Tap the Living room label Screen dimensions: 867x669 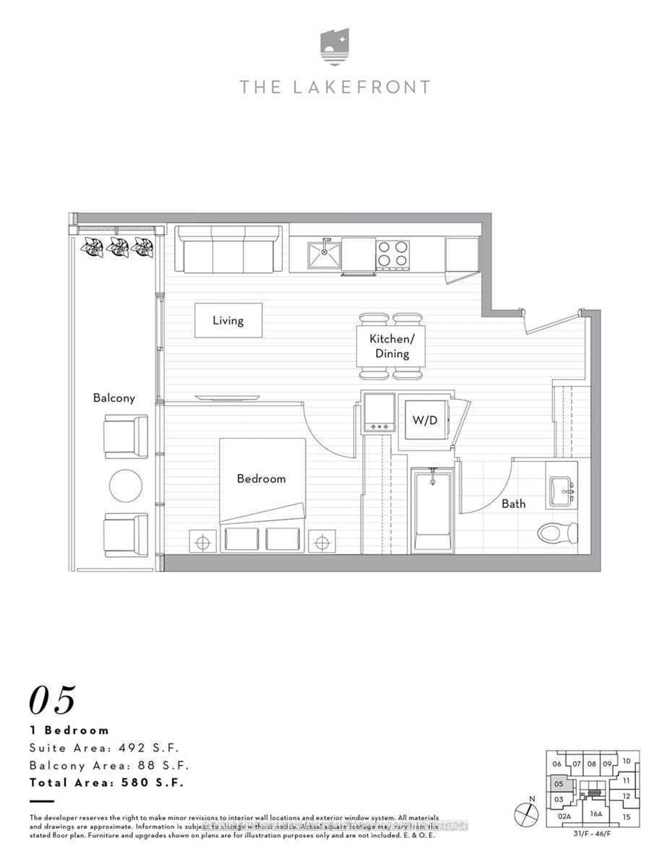[228, 320]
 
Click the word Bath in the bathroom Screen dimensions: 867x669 [513, 504]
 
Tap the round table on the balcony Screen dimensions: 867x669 [125, 485]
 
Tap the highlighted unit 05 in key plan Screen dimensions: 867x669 [559, 784]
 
